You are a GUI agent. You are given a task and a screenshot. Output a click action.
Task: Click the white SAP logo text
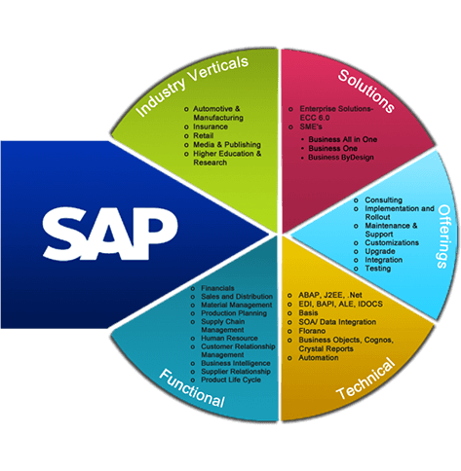110,234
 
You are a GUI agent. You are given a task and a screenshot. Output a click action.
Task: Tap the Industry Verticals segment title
192,86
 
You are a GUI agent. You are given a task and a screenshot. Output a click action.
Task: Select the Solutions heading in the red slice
366,91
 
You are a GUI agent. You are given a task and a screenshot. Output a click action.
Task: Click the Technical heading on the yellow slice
366,379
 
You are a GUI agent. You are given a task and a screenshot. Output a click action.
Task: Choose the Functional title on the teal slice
192,388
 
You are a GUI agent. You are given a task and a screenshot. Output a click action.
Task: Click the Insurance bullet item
211,127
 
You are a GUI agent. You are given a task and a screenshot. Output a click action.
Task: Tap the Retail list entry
204,135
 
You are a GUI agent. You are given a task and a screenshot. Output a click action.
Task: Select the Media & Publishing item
227,145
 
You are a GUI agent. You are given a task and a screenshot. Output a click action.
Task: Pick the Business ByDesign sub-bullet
341,158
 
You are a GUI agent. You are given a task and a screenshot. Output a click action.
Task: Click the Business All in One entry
343,139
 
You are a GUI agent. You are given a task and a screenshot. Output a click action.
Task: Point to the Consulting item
383,199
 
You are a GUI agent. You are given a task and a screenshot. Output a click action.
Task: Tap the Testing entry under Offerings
377,269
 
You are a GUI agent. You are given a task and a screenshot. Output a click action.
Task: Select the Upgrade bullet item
380,251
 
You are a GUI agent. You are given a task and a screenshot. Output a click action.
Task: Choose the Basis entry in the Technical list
308,313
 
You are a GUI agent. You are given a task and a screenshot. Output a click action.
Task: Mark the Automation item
319,358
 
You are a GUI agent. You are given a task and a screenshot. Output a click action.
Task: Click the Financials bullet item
217,288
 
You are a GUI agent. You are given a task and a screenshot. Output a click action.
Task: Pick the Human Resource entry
229,338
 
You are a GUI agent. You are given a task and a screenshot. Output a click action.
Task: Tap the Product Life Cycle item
231,380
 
